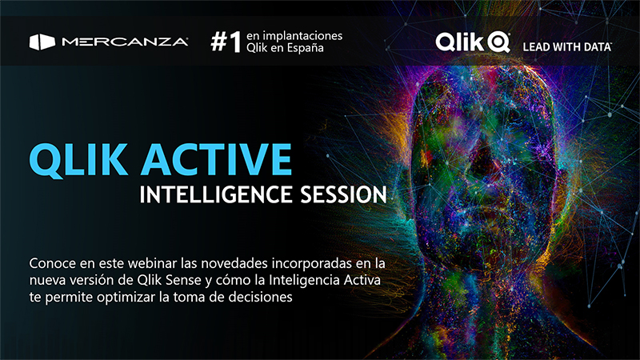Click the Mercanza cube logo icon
click(x=42, y=42)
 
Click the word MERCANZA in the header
click(x=125, y=42)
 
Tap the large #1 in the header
click(x=226, y=42)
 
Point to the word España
click(x=306, y=48)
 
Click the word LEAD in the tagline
click(x=534, y=47)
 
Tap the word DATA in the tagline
click(x=598, y=47)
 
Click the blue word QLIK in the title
click(x=78, y=159)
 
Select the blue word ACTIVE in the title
click(x=216, y=159)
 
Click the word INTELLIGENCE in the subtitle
click(x=216, y=194)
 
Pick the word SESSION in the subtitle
click(x=343, y=194)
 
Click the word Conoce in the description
click(x=53, y=264)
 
